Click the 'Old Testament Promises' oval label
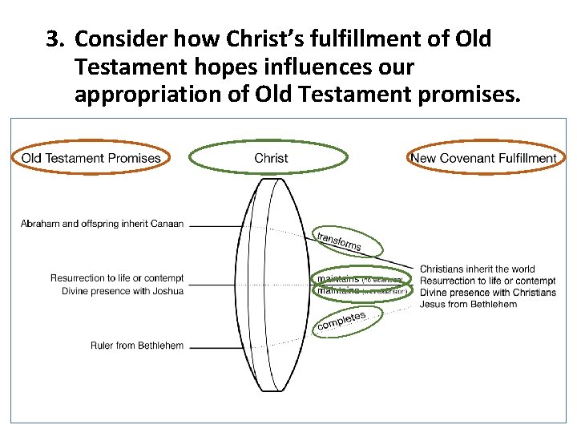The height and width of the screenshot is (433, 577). (91, 158)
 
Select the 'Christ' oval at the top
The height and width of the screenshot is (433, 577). (271, 158)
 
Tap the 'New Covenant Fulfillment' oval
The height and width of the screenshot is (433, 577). (483, 158)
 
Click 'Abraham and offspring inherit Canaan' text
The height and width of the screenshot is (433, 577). (102, 224)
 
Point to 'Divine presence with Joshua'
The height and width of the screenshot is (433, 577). (122, 290)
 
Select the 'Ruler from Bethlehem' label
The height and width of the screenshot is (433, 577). (137, 346)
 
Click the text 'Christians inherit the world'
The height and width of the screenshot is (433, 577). (478, 269)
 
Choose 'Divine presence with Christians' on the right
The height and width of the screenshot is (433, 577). (487, 292)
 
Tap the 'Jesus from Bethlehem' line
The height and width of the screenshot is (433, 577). (468, 304)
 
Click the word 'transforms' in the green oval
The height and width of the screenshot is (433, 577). (339, 240)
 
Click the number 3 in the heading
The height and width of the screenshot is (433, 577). (53, 38)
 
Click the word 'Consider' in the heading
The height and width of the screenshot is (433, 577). (118, 38)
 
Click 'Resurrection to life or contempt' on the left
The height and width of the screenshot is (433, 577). (117, 278)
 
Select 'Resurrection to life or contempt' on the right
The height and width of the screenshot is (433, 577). (487, 281)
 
